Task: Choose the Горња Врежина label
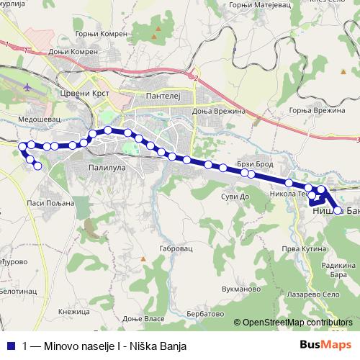(x=313, y=109)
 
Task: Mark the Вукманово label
(x=241, y=289)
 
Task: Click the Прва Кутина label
(x=300, y=248)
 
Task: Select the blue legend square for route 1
(x=9, y=345)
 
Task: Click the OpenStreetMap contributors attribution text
(x=297, y=323)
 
